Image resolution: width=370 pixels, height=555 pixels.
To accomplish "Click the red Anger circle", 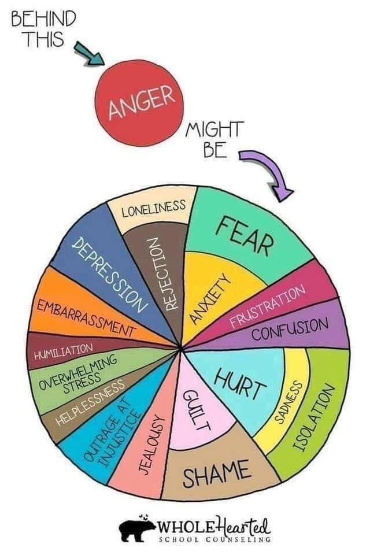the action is pos(140,103).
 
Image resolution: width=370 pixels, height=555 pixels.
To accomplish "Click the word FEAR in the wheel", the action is pos(245,235).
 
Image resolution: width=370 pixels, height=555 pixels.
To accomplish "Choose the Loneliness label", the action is pos(153,209).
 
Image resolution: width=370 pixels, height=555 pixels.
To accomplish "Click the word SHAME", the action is pos(216,473).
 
